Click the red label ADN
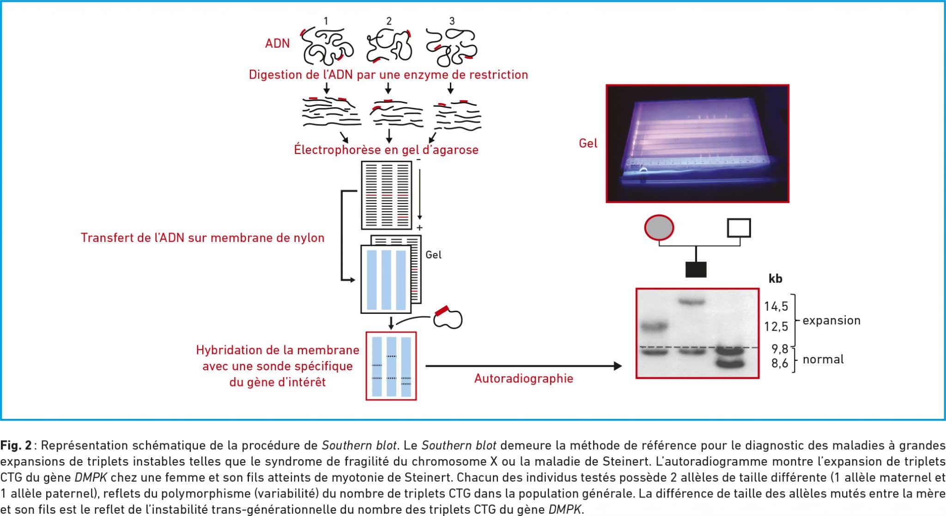tap(277, 43)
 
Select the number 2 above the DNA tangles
tap(389, 21)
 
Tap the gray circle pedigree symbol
tap(659, 228)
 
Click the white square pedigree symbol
tap(739, 228)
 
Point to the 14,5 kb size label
tap(776, 306)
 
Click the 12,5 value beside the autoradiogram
tap(776, 326)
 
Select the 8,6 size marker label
tap(780, 363)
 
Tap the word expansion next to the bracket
tap(831, 320)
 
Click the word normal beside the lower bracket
tap(823, 359)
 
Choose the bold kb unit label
tap(775, 278)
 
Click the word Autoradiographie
tap(524, 379)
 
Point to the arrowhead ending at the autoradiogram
tap(618, 366)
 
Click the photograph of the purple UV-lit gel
tap(697, 143)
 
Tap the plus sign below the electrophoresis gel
tap(419, 227)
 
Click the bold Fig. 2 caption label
tap(16, 445)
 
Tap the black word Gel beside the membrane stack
tap(433, 255)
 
